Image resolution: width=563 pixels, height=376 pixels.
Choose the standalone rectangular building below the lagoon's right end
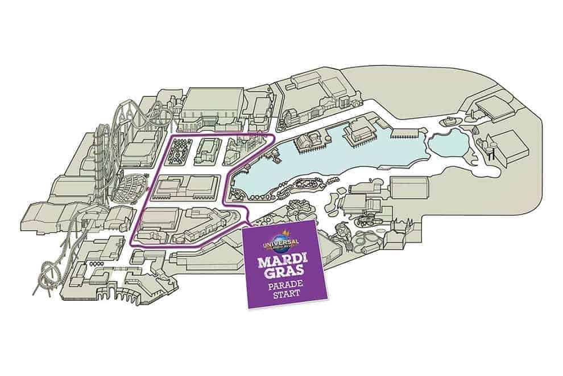408,188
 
